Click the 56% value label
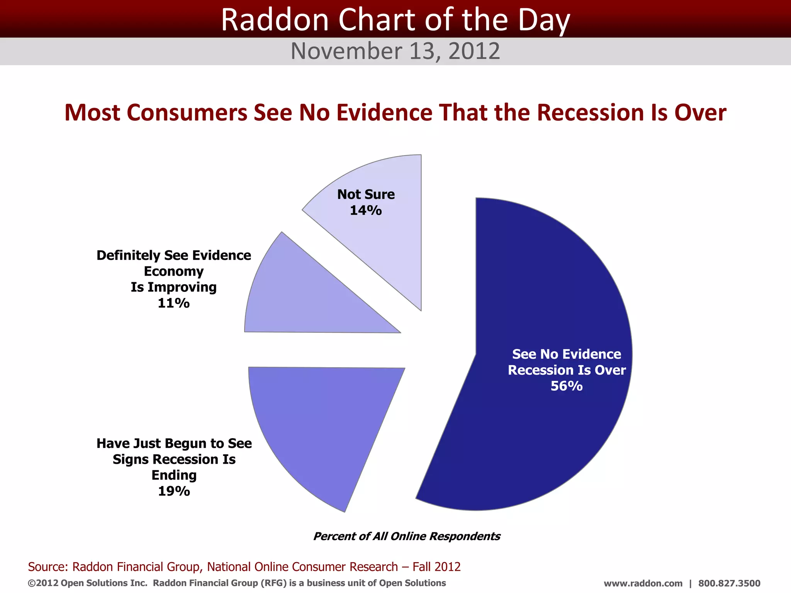tap(566, 386)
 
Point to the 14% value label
tap(365, 210)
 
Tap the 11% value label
tap(173, 303)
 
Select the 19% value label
tap(174, 491)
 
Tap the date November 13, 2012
tap(395, 51)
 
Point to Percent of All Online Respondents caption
tap(406, 536)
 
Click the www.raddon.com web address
tap(643, 583)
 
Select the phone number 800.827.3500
tap(729, 583)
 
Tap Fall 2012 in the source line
tap(436, 567)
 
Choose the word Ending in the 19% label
tap(174, 475)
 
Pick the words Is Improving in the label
tap(173, 287)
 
